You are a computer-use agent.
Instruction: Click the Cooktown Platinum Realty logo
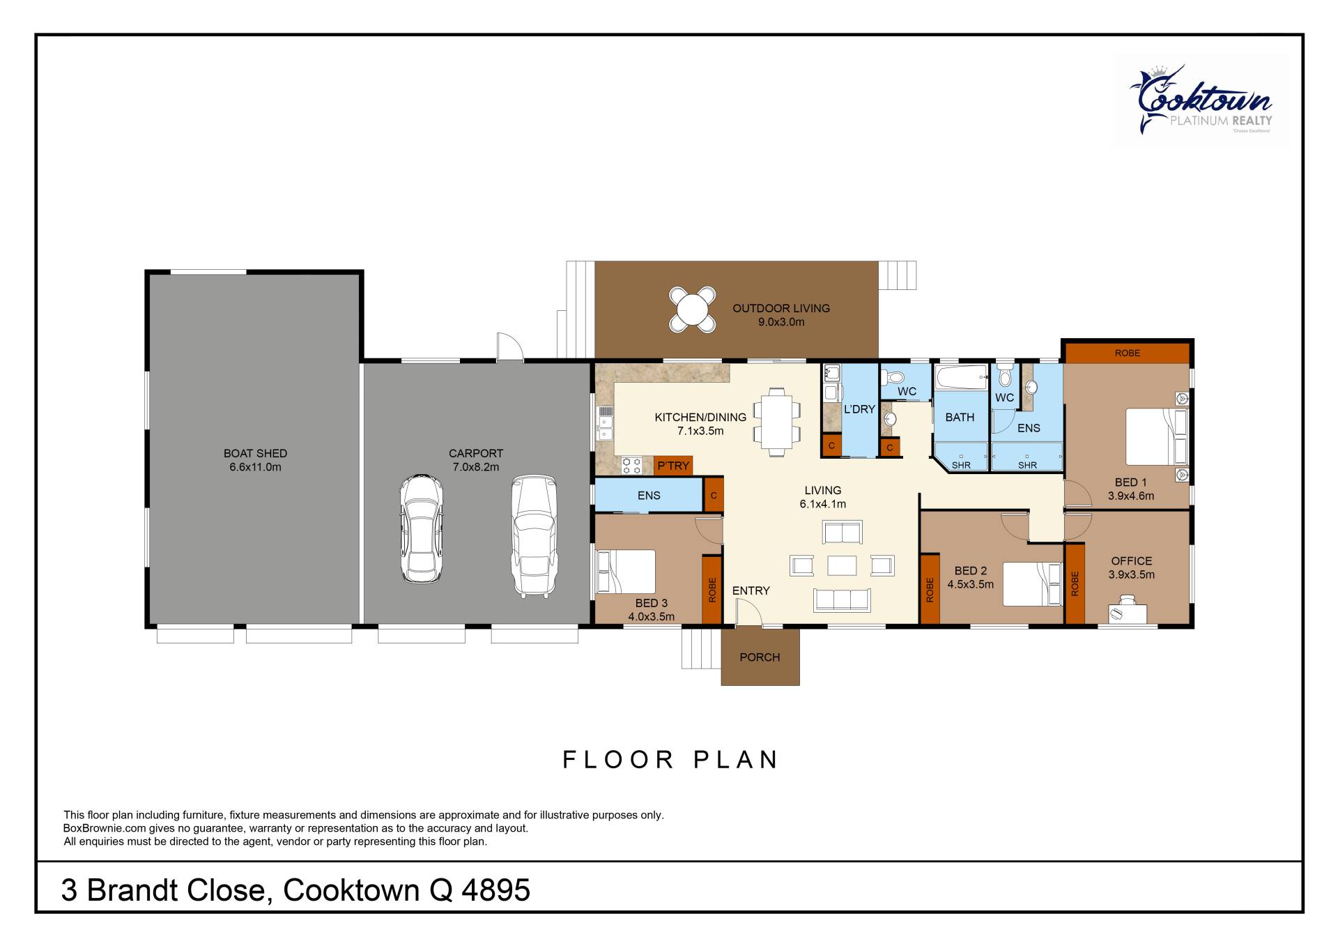coord(1200,100)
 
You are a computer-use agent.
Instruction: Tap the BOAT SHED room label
coord(255,453)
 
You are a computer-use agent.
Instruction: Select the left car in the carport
coord(422,529)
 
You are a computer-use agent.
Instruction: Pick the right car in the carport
coord(534,536)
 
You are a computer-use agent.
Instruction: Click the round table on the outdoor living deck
coord(692,309)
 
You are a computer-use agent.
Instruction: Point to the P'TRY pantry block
coord(673,466)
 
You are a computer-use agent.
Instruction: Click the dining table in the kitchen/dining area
coord(776,422)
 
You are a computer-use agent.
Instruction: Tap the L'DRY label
coord(859,409)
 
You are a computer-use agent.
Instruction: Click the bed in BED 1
coord(1157,436)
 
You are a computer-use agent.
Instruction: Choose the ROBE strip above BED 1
coord(1127,353)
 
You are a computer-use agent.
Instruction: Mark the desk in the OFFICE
coord(1128,613)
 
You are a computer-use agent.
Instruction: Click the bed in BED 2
coord(1032,584)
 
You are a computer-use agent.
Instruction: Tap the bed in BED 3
coord(626,572)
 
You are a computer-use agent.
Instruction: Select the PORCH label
coord(760,657)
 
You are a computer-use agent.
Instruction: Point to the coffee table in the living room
coord(842,565)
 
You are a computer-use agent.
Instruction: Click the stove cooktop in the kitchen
coord(631,466)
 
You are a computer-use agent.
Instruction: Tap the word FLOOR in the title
coord(619,759)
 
